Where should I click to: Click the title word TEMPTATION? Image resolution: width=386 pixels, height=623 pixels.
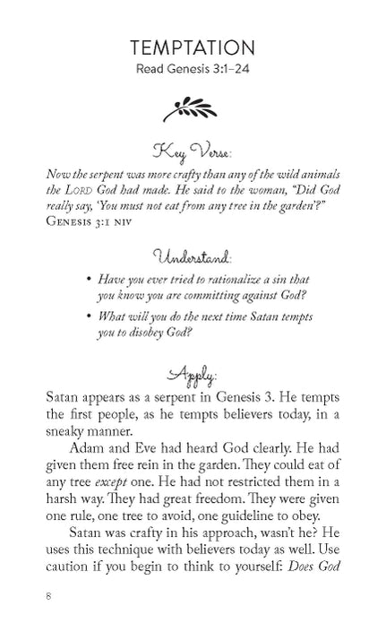(193, 48)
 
